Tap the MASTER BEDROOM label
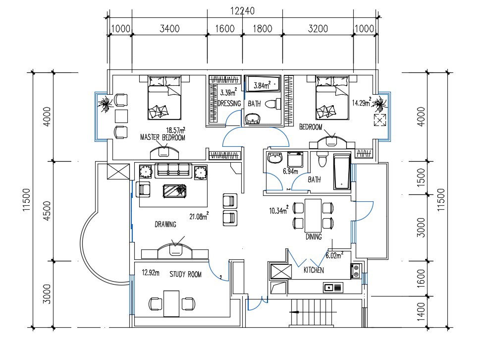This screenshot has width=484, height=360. [x=162, y=138]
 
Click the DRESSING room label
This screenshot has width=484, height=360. [x=229, y=104]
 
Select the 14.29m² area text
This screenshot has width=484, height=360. [x=362, y=103]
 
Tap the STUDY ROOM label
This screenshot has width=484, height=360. [x=185, y=274]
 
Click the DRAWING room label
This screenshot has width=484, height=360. [x=165, y=224]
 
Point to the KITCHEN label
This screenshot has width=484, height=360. [x=314, y=270]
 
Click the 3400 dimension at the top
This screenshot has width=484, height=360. [x=169, y=29]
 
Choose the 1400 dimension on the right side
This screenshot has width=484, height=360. [x=421, y=311]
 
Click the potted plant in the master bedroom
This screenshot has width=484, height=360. [x=105, y=104]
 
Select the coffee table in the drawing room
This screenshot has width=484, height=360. [x=175, y=190]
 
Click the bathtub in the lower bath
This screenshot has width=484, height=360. [x=342, y=172]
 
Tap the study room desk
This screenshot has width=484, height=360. [x=171, y=303]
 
